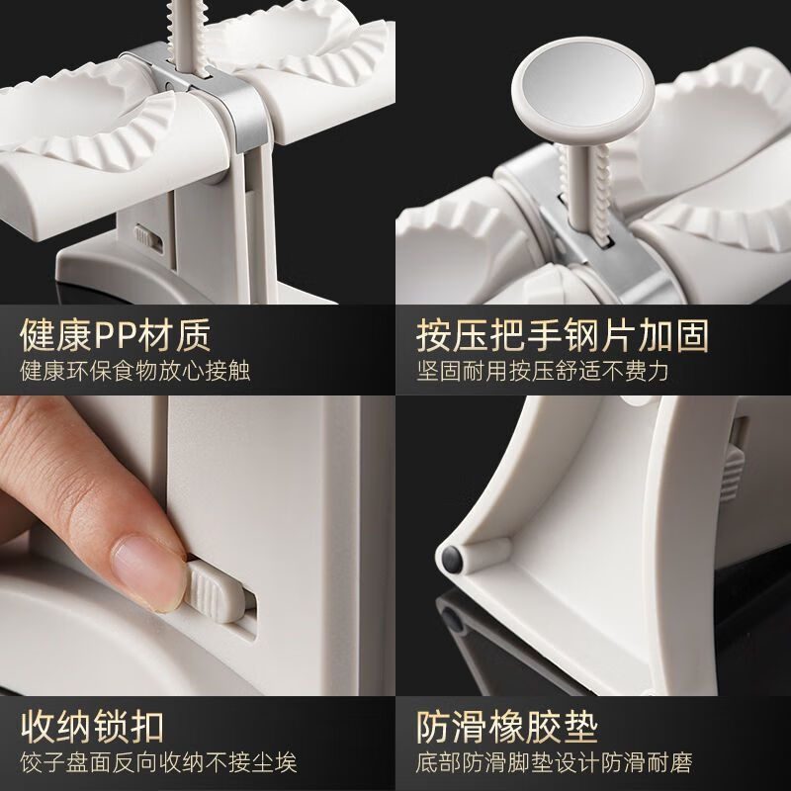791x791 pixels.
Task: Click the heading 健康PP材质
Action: pyautogui.click(x=116, y=336)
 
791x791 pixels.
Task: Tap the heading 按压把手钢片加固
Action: pyautogui.click(x=563, y=336)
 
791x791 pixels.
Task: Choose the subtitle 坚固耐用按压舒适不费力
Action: pyautogui.click(x=543, y=372)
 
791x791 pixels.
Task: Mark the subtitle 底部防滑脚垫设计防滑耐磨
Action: pyautogui.click(x=553, y=762)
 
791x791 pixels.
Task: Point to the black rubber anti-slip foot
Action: pyautogui.click(x=454, y=558)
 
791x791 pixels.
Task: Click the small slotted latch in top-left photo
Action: pyautogui.click(x=146, y=238)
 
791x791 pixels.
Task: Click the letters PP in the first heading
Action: pyautogui.click(x=119, y=336)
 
